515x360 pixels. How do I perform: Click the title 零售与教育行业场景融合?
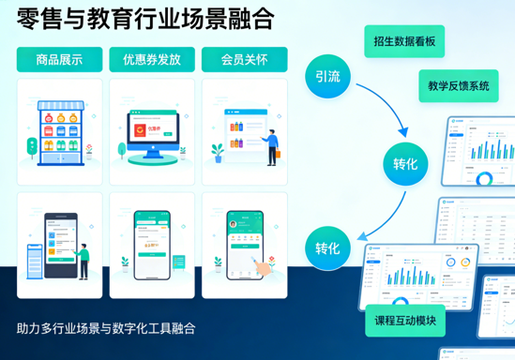pyautogui.click(x=144, y=18)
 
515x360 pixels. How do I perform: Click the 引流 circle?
pyautogui.click(x=327, y=77)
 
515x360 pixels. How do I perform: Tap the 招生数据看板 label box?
pyautogui.click(x=403, y=41)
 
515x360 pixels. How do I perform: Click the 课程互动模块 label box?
pyautogui.click(x=405, y=320)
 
